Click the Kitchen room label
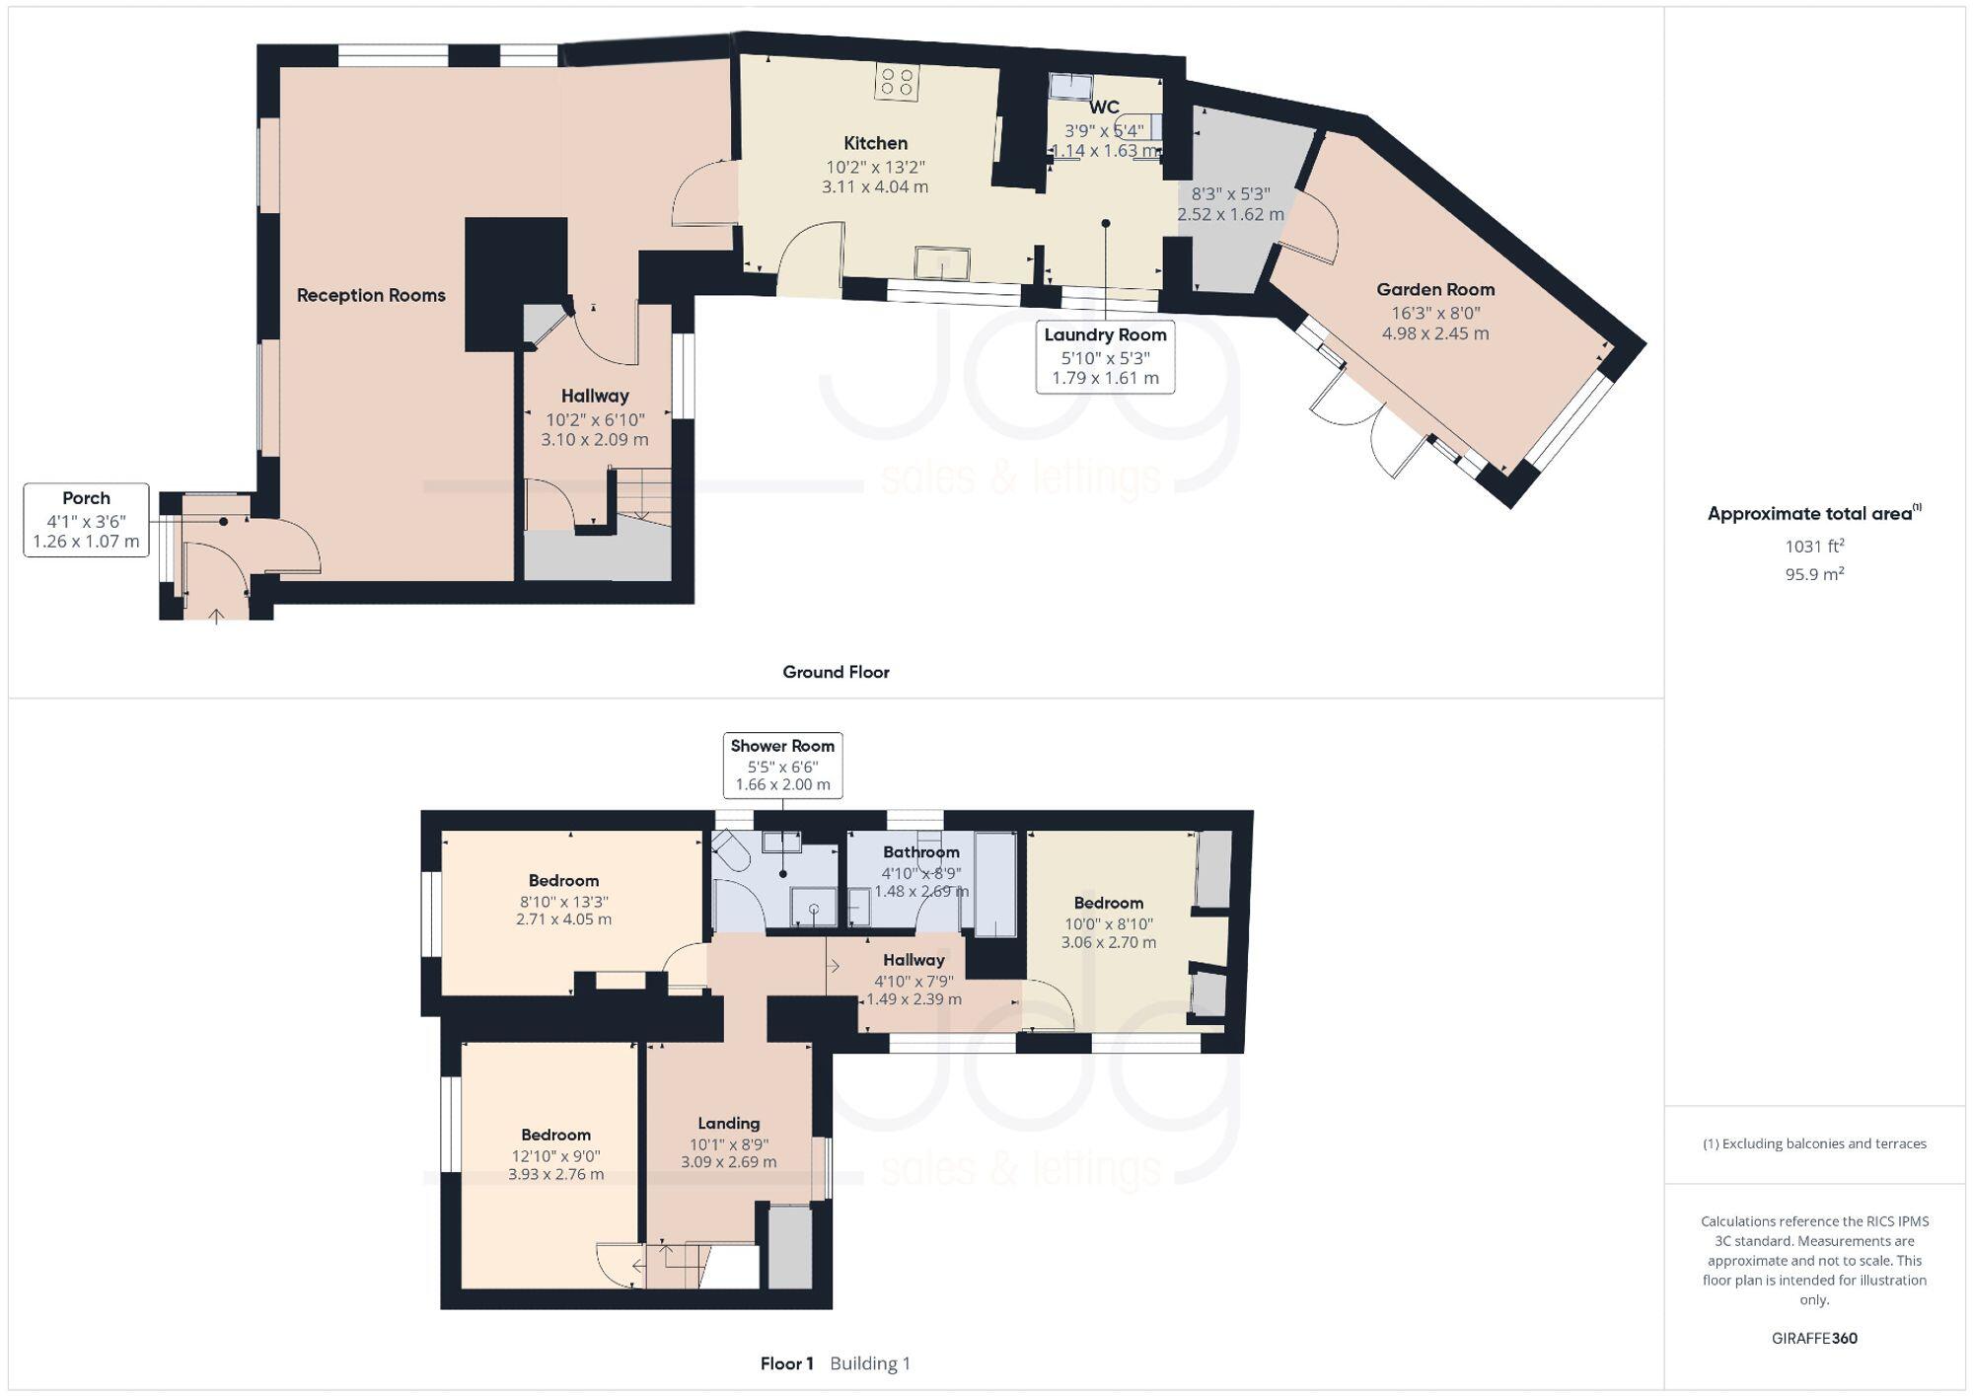point(875,143)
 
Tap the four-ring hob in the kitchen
point(897,82)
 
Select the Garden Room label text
point(1435,290)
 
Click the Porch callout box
point(86,520)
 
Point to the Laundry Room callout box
point(1105,356)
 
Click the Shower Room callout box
point(782,765)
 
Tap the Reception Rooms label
point(371,295)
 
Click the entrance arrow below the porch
point(216,617)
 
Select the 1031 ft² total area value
point(1814,546)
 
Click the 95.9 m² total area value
point(1814,574)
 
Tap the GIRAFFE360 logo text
point(1814,1339)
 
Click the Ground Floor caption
point(836,673)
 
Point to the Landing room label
point(728,1124)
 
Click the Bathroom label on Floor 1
point(920,852)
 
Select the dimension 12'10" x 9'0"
point(555,1156)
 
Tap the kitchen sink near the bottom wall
point(941,264)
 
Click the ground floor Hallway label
point(595,397)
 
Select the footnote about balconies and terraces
point(1814,1144)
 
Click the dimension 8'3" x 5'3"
point(1230,195)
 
